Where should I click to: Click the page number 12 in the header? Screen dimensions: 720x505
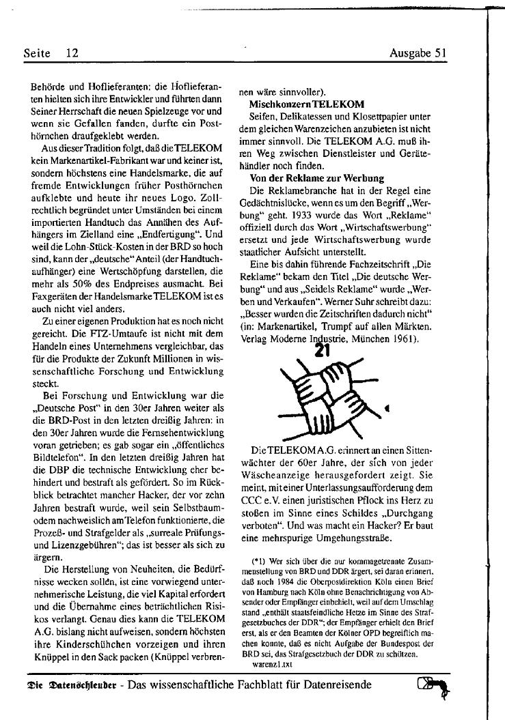click(72, 53)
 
